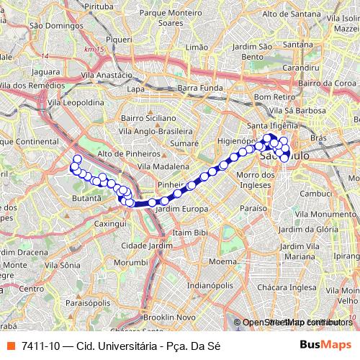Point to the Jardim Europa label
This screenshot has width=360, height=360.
click(181, 209)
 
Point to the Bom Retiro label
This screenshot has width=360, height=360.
click(272, 96)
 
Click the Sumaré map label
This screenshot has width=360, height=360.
click(185, 144)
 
